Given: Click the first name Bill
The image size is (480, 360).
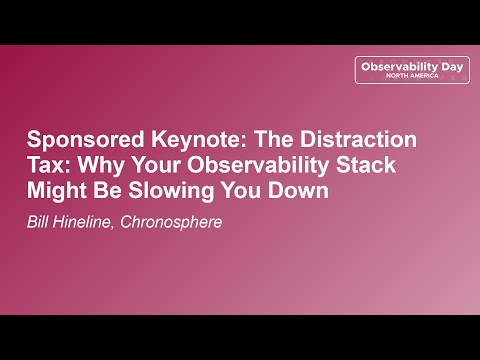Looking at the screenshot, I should (40, 220).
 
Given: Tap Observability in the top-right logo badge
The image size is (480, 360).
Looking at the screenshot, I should (398, 65).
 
